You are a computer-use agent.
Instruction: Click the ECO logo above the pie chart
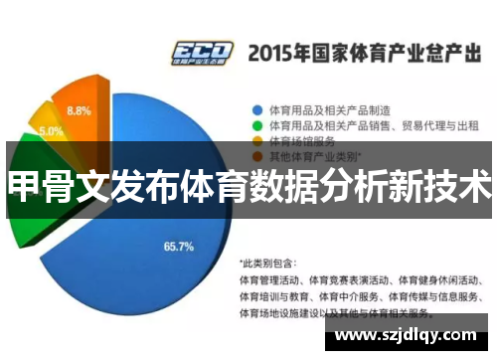pos(202,52)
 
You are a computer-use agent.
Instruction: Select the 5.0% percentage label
pos(52,130)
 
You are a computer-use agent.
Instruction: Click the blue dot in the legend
pos(257,109)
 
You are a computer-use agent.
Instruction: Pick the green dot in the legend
pos(257,125)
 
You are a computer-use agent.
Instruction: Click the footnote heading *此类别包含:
pos(268,264)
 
